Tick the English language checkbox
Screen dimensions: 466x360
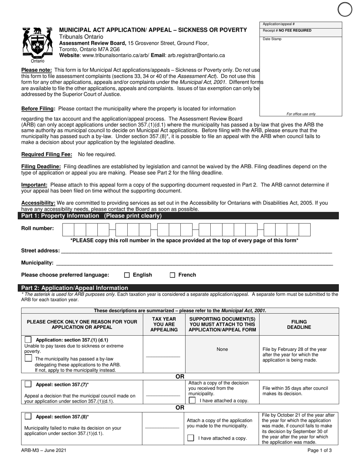127,275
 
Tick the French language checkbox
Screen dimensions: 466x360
172,275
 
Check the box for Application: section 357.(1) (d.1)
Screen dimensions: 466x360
28,339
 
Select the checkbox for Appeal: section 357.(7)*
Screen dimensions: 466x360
28,384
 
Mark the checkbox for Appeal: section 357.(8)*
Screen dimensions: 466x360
28,416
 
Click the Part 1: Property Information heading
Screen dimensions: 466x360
91,216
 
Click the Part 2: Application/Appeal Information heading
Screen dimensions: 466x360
75,288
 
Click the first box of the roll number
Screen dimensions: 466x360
68,230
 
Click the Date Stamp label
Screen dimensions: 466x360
272,39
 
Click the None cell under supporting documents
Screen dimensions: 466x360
222,349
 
